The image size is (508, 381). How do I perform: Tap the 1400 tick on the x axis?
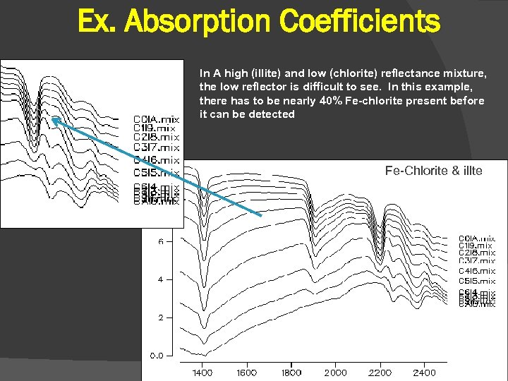(202, 373)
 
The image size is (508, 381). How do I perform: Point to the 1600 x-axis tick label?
(246, 373)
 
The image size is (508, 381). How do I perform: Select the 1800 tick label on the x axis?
(291, 373)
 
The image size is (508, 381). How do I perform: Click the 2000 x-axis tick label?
(335, 373)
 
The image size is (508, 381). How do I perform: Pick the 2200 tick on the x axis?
(380, 373)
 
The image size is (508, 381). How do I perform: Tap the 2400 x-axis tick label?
(424, 373)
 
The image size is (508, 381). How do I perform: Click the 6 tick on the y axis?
(160, 241)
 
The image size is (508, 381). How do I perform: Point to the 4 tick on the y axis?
(160, 279)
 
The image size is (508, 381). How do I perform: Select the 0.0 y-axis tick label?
(157, 356)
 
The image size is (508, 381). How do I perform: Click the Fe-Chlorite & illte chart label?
(433, 171)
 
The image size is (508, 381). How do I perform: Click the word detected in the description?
(272, 114)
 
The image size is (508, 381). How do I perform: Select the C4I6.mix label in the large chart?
(477, 271)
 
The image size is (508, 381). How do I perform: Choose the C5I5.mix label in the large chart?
(477, 282)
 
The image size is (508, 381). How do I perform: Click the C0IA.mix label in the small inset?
(157, 119)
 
